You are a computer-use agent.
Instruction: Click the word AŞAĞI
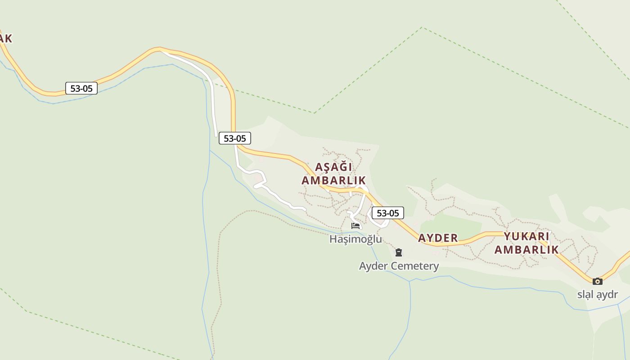point(333,167)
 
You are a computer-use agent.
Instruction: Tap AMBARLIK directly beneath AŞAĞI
point(333,180)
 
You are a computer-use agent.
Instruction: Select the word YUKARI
point(526,236)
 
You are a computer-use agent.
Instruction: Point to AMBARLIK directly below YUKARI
point(526,250)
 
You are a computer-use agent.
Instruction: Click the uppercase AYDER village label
point(438,238)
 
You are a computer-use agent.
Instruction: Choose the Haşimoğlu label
point(355,239)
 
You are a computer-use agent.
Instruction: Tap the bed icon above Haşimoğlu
point(355,225)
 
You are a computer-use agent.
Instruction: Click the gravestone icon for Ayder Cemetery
point(398,252)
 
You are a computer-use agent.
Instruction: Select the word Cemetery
point(414,266)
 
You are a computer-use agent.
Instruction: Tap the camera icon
point(597,281)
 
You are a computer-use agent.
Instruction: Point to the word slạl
point(585,295)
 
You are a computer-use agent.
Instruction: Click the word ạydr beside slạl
point(607,295)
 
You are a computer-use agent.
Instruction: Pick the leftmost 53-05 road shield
point(81,88)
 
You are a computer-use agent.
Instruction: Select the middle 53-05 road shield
point(235,138)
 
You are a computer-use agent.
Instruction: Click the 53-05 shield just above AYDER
point(388,213)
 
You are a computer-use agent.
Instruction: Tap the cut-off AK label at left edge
point(5,39)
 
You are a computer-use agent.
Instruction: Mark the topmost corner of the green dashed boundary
point(422,27)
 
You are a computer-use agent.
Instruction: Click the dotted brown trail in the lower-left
point(219,270)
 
